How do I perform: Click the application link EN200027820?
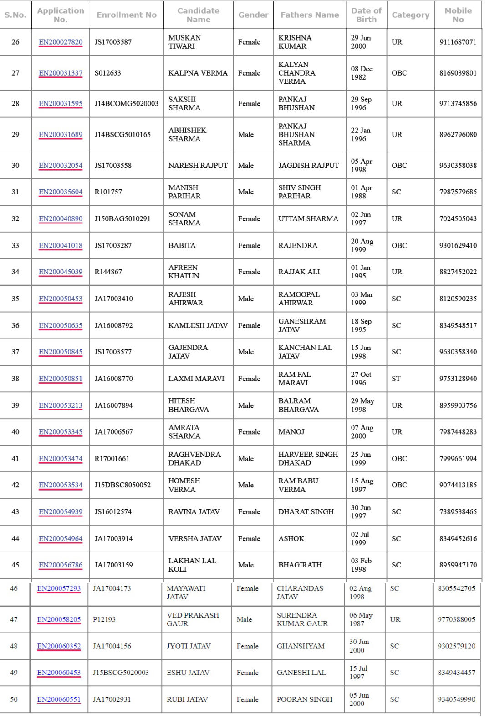(x=61, y=42)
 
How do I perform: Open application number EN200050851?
(x=61, y=379)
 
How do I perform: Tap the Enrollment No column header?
(x=127, y=15)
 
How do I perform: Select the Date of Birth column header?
(x=366, y=15)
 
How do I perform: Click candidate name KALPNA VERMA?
(x=198, y=73)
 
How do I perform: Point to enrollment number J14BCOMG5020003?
(x=127, y=104)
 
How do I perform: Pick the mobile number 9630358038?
(x=458, y=166)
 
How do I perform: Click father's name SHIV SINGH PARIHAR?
(x=299, y=192)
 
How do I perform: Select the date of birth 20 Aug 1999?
(x=362, y=246)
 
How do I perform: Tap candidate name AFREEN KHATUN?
(x=184, y=272)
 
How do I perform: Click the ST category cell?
(x=396, y=379)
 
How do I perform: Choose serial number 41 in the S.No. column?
(x=15, y=459)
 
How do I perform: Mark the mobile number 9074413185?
(x=458, y=485)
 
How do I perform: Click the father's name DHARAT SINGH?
(x=306, y=512)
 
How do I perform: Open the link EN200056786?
(x=61, y=565)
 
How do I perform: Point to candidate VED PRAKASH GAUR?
(x=193, y=619)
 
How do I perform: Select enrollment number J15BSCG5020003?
(x=121, y=673)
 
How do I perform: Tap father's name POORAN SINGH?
(x=304, y=699)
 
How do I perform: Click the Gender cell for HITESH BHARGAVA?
(x=246, y=405)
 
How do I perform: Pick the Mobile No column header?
(x=458, y=15)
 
